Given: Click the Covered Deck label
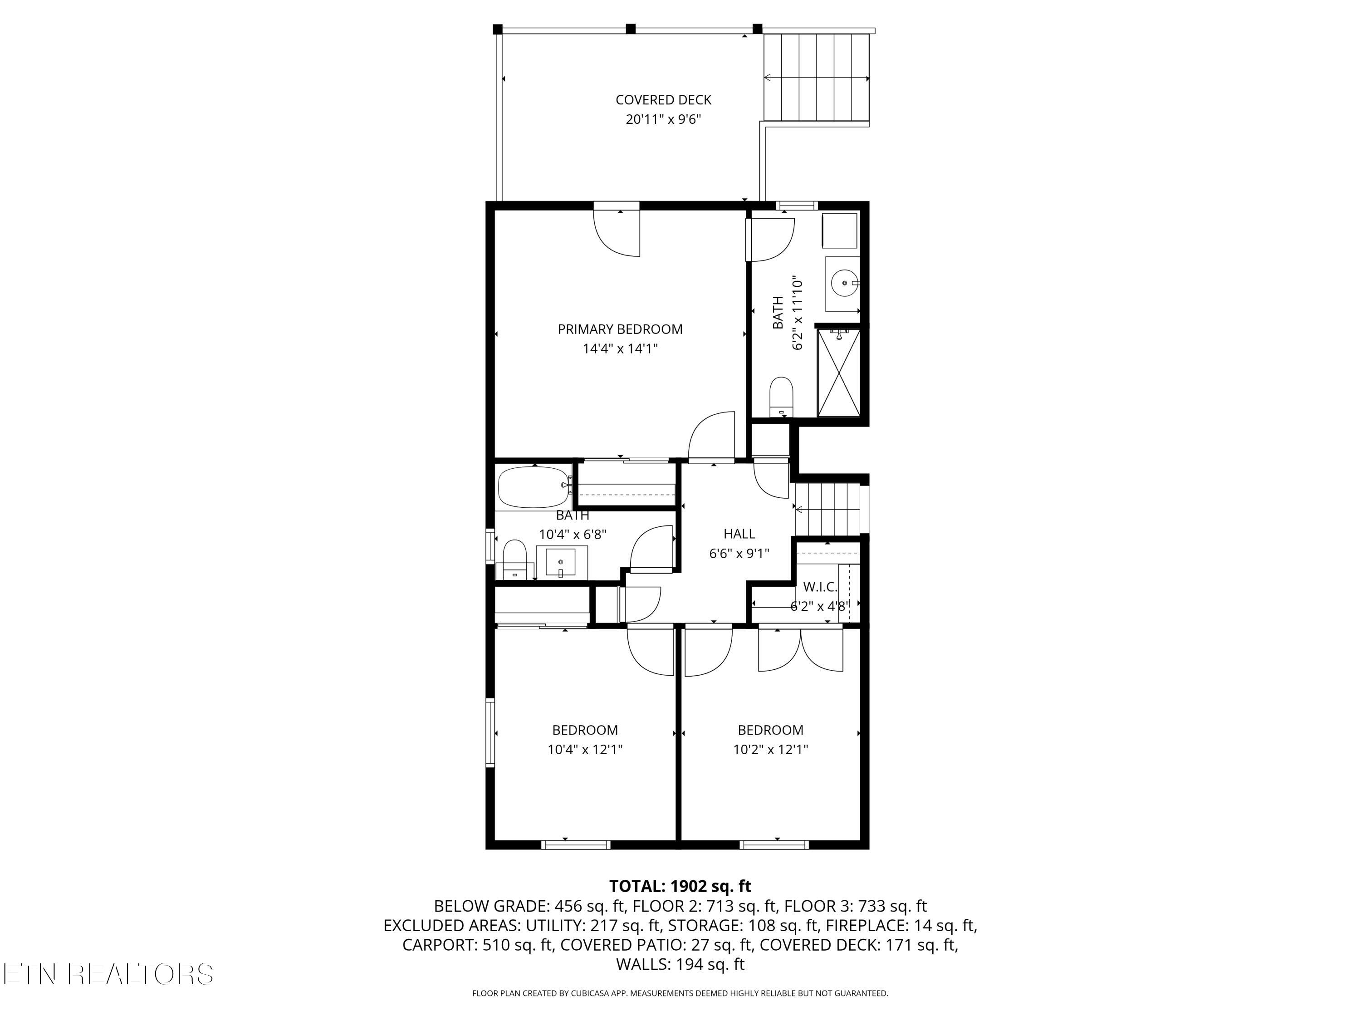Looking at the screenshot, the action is coord(663,100).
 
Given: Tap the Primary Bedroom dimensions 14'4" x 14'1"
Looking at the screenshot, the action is coord(620,349).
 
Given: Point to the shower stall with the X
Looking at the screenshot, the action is coord(838,373).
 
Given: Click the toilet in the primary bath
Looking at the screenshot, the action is coord(781,397).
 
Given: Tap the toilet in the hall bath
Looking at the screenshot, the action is coord(514,560).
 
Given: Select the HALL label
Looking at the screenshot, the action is coord(739,534).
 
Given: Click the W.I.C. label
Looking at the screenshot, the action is coord(820,587).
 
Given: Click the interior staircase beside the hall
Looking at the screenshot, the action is coord(827,509).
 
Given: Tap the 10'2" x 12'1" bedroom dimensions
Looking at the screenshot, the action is coord(770,750).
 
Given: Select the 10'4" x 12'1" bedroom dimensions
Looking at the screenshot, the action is coord(585,750).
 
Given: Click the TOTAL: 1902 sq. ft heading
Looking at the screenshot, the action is coord(680,886).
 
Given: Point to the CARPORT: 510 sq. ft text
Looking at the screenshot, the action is coord(477,945).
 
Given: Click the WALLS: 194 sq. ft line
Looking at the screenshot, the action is coord(680,964).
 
